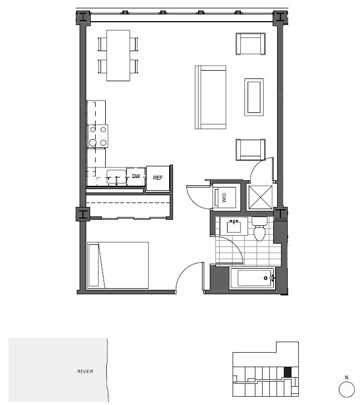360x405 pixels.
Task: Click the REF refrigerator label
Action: (x=158, y=178)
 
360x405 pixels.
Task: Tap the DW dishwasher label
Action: (x=136, y=177)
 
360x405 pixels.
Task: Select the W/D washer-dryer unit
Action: (x=225, y=197)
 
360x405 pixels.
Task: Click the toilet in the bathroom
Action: (x=259, y=230)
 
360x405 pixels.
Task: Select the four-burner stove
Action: (x=97, y=136)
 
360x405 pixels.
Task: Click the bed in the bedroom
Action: (x=118, y=265)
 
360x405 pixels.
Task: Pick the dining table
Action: (x=118, y=55)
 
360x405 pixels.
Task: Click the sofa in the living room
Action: (x=211, y=97)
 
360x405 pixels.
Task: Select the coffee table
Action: (x=254, y=97)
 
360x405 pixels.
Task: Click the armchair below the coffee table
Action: (x=250, y=149)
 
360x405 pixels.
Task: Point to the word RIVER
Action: (x=85, y=372)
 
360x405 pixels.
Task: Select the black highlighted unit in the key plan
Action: (x=288, y=371)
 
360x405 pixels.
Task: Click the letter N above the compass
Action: (x=346, y=378)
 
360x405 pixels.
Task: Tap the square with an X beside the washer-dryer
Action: (x=259, y=197)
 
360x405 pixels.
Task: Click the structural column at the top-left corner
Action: (x=82, y=18)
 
